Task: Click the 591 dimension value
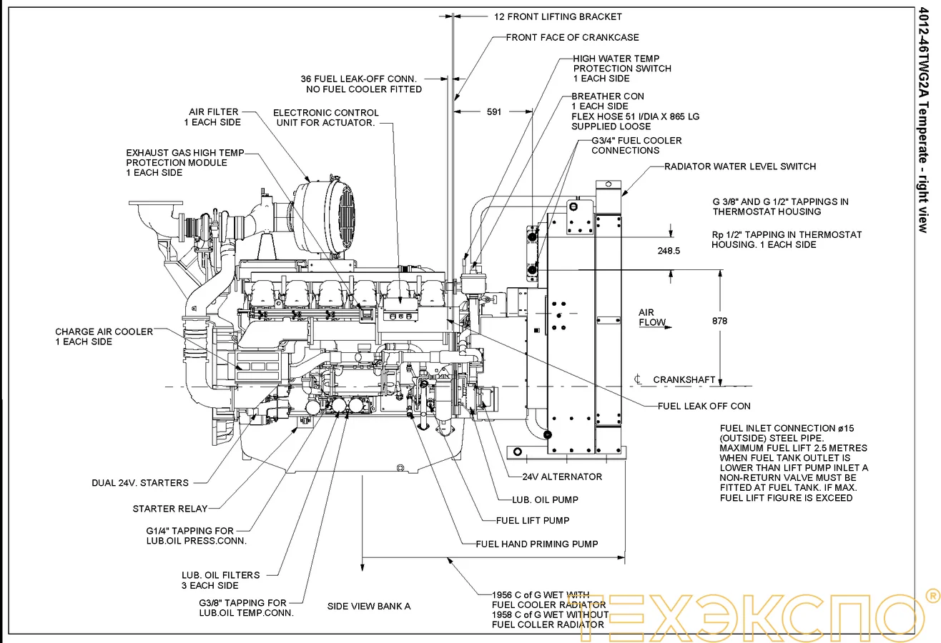pyautogui.click(x=494, y=111)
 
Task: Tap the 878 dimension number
pyautogui.click(x=720, y=321)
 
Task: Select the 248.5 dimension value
pyautogui.click(x=668, y=251)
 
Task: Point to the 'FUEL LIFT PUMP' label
pyautogui.click(x=533, y=520)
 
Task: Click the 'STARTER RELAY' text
pyautogui.click(x=170, y=509)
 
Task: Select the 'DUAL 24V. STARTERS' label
pyautogui.click(x=140, y=483)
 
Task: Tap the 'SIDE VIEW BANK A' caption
pyautogui.click(x=369, y=606)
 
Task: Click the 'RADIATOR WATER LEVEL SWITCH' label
pyautogui.click(x=740, y=166)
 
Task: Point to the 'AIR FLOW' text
pyautogui.click(x=652, y=317)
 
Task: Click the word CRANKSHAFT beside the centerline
pyautogui.click(x=684, y=379)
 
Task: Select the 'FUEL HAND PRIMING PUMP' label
pyautogui.click(x=537, y=544)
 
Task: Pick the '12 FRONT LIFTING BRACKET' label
pyautogui.click(x=558, y=16)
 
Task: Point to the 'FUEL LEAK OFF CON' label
pyautogui.click(x=704, y=406)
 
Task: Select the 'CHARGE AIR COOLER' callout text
pyautogui.click(x=104, y=337)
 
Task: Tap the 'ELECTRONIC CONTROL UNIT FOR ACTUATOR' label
pyautogui.click(x=325, y=118)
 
